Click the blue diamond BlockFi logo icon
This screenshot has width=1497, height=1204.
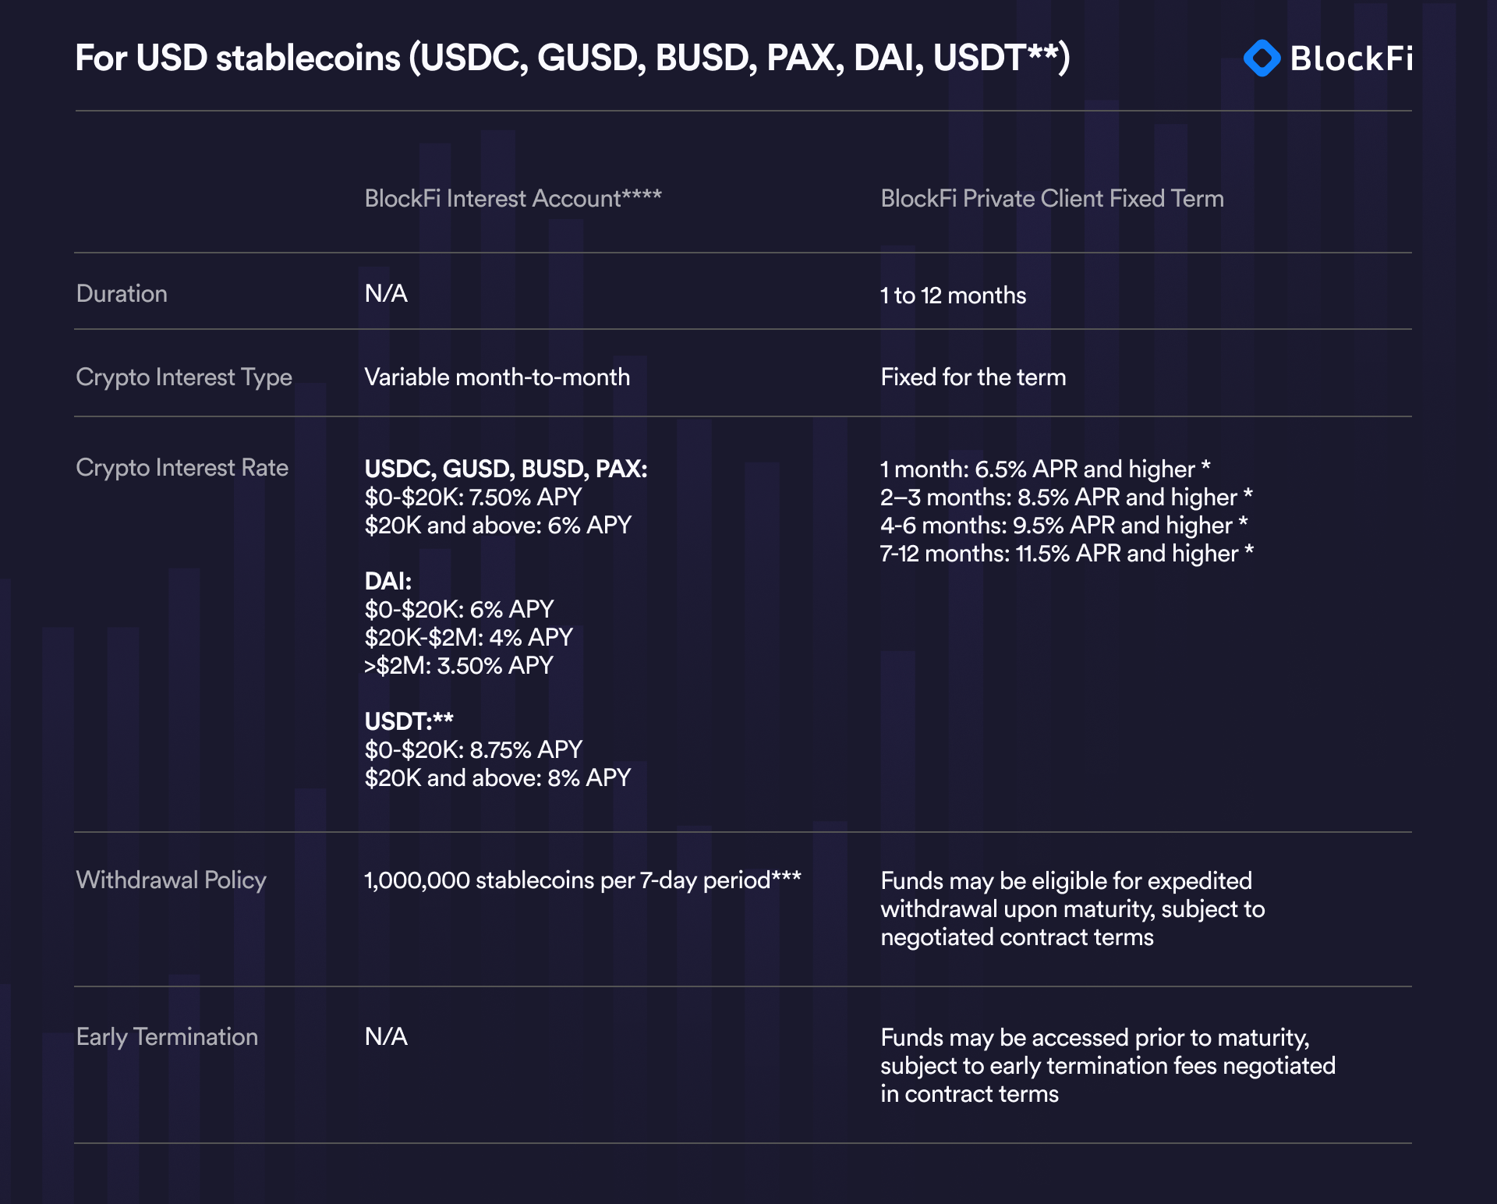(1262, 58)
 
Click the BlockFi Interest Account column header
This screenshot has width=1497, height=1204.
(512, 199)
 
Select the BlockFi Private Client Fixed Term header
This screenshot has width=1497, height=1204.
(1052, 199)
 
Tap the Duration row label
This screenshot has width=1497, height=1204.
(122, 294)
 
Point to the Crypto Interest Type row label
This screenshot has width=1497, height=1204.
(184, 377)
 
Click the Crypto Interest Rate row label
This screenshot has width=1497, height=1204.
(182, 468)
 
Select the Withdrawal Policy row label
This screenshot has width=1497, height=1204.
(171, 880)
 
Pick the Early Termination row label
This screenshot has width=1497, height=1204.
(167, 1037)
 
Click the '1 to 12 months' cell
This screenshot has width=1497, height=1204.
(953, 296)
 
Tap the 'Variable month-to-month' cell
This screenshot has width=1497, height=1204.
(497, 377)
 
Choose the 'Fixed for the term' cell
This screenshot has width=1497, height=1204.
(972, 377)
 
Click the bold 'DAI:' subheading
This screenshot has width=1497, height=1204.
(388, 581)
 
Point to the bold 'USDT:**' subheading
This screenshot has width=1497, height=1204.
(409, 721)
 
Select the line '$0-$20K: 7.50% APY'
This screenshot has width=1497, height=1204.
(473, 498)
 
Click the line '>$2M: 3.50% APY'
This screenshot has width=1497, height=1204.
(458, 666)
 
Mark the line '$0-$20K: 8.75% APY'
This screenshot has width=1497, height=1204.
(473, 750)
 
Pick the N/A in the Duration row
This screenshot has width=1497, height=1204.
(386, 294)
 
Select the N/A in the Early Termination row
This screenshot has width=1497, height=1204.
(386, 1037)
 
